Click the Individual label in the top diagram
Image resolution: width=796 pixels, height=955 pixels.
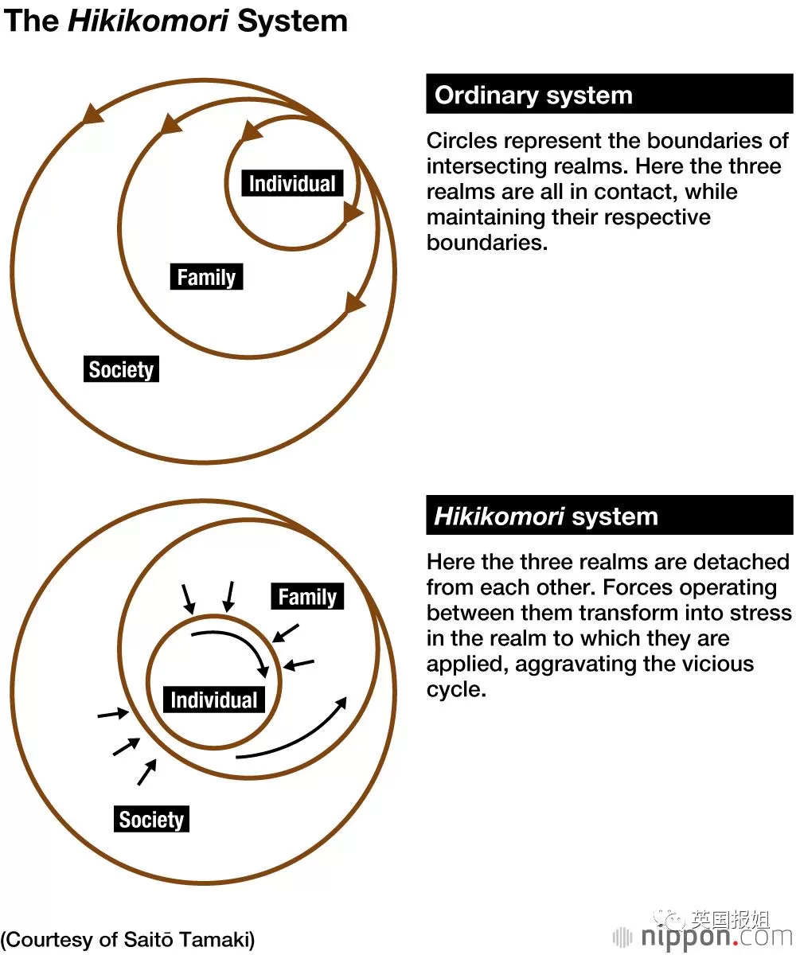[x=292, y=183]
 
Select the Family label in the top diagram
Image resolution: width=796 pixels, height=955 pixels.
[x=206, y=277]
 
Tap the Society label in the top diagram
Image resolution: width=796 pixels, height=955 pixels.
[x=121, y=369]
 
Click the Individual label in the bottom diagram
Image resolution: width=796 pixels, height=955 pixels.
[x=214, y=700]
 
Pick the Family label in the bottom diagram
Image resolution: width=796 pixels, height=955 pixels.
[x=307, y=596]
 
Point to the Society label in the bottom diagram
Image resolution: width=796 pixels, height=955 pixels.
[x=151, y=819]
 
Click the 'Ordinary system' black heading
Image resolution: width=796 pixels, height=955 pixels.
[x=610, y=94]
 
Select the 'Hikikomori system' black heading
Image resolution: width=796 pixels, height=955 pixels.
[x=610, y=515]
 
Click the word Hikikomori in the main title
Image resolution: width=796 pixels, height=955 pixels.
[x=148, y=21]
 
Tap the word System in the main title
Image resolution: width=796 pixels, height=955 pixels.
[x=293, y=22]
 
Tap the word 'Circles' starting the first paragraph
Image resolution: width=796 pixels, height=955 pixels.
[x=462, y=141]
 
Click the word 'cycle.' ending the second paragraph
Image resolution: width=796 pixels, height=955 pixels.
[x=456, y=690]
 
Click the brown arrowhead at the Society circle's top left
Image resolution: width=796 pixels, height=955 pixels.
[x=92, y=114]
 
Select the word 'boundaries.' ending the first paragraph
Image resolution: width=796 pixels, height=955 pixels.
[x=487, y=243]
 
